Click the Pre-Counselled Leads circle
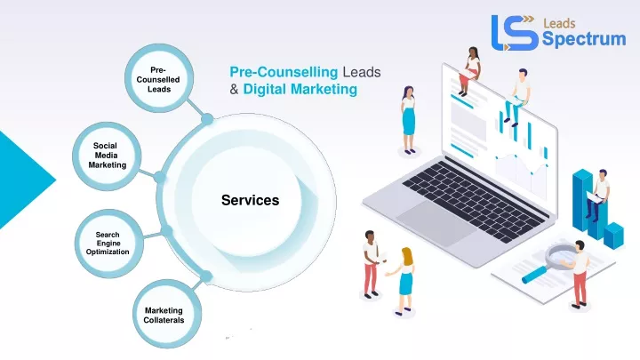(159, 78)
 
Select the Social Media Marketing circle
(107, 156)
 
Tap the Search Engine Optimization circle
(109, 244)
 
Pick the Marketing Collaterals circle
(167, 314)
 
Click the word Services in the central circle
(250, 200)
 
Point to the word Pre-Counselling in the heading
(284, 72)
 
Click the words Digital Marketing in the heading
(300, 89)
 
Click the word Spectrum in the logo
(584, 39)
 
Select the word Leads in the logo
(559, 23)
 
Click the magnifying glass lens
(560, 255)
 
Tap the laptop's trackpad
(436, 222)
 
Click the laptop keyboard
(473, 200)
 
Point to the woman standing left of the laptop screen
(409, 120)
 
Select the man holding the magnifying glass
(580, 274)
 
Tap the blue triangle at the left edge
(26, 180)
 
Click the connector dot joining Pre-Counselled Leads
(207, 119)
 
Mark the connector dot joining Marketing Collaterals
(206, 276)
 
